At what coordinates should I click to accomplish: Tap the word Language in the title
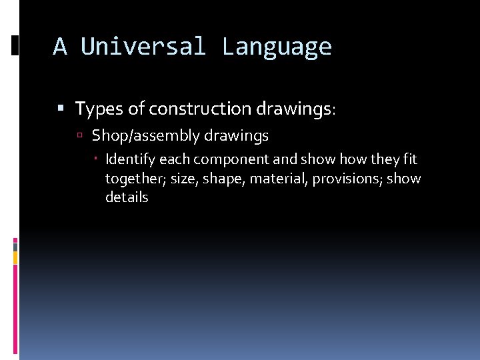(x=277, y=47)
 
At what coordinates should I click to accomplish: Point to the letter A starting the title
(x=60, y=47)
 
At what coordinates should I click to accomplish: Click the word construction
(x=201, y=108)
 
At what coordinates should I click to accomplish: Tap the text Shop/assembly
(x=145, y=136)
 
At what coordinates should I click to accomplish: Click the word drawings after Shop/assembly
(x=236, y=136)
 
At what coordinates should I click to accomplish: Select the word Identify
(x=130, y=160)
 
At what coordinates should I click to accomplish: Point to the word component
(x=224, y=160)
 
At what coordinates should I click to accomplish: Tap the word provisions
(x=343, y=179)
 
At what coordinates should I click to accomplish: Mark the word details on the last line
(x=127, y=197)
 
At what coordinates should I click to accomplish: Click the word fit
(x=410, y=160)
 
